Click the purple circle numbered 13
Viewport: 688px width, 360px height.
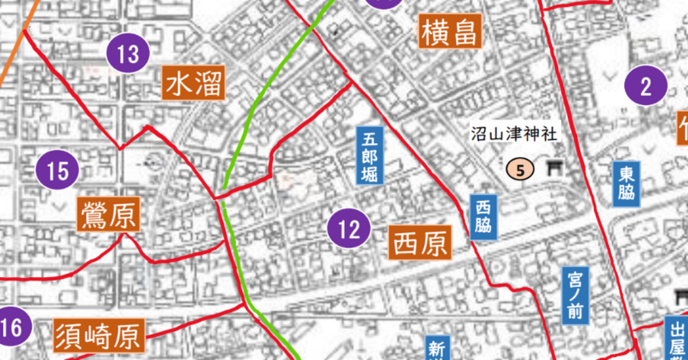pyautogui.click(x=128, y=55)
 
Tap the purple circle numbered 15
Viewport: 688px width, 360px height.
pyautogui.click(x=56, y=171)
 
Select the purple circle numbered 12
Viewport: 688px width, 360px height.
pyautogui.click(x=349, y=230)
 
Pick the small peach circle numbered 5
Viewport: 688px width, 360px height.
pyautogui.click(x=520, y=170)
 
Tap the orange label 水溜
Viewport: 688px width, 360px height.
pyautogui.click(x=193, y=83)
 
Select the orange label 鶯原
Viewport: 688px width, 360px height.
pyautogui.click(x=109, y=214)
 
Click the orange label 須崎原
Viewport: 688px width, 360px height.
pyautogui.click(x=99, y=335)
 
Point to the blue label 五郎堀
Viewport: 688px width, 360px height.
pyautogui.click(x=370, y=155)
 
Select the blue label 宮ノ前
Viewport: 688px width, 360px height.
pyautogui.click(x=576, y=296)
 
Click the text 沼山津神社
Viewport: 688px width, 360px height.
pyautogui.click(x=514, y=135)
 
